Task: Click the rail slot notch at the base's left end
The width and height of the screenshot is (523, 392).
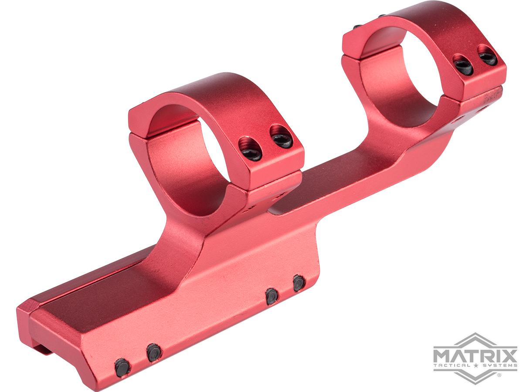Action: coord(41,348)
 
